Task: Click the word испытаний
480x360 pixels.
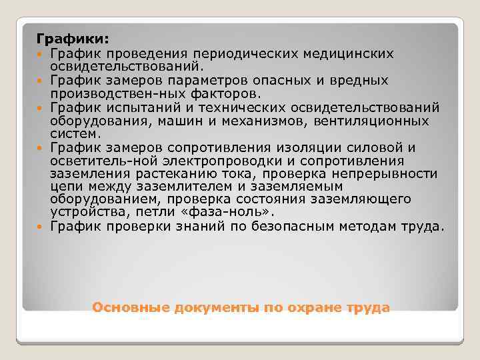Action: coord(145,108)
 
